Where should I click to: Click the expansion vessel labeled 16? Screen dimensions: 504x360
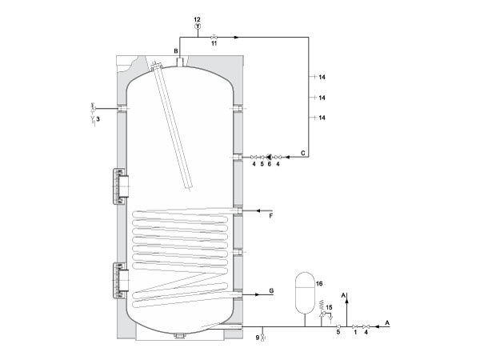[305, 293]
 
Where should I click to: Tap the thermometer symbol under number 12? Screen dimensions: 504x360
[198, 26]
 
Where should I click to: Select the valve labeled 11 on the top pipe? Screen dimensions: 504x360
[214, 37]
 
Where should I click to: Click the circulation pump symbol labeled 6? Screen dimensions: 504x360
[270, 157]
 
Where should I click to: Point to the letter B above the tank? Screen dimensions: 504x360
[176, 51]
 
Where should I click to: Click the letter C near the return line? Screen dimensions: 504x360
[302, 153]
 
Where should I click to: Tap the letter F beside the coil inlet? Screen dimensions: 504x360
[271, 216]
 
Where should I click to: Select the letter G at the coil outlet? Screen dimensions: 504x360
[271, 291]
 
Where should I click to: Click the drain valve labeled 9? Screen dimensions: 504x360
[263, 337]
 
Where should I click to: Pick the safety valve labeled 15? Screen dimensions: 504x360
[321, 310]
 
